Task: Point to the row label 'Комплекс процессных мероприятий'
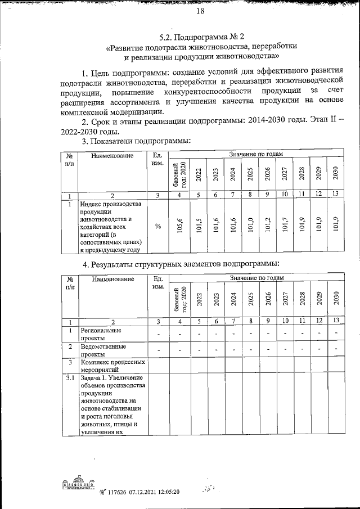(x=112, y=367)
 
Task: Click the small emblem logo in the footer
(x=76, y=485)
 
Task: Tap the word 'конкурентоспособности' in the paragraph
(x=207, y=91)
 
